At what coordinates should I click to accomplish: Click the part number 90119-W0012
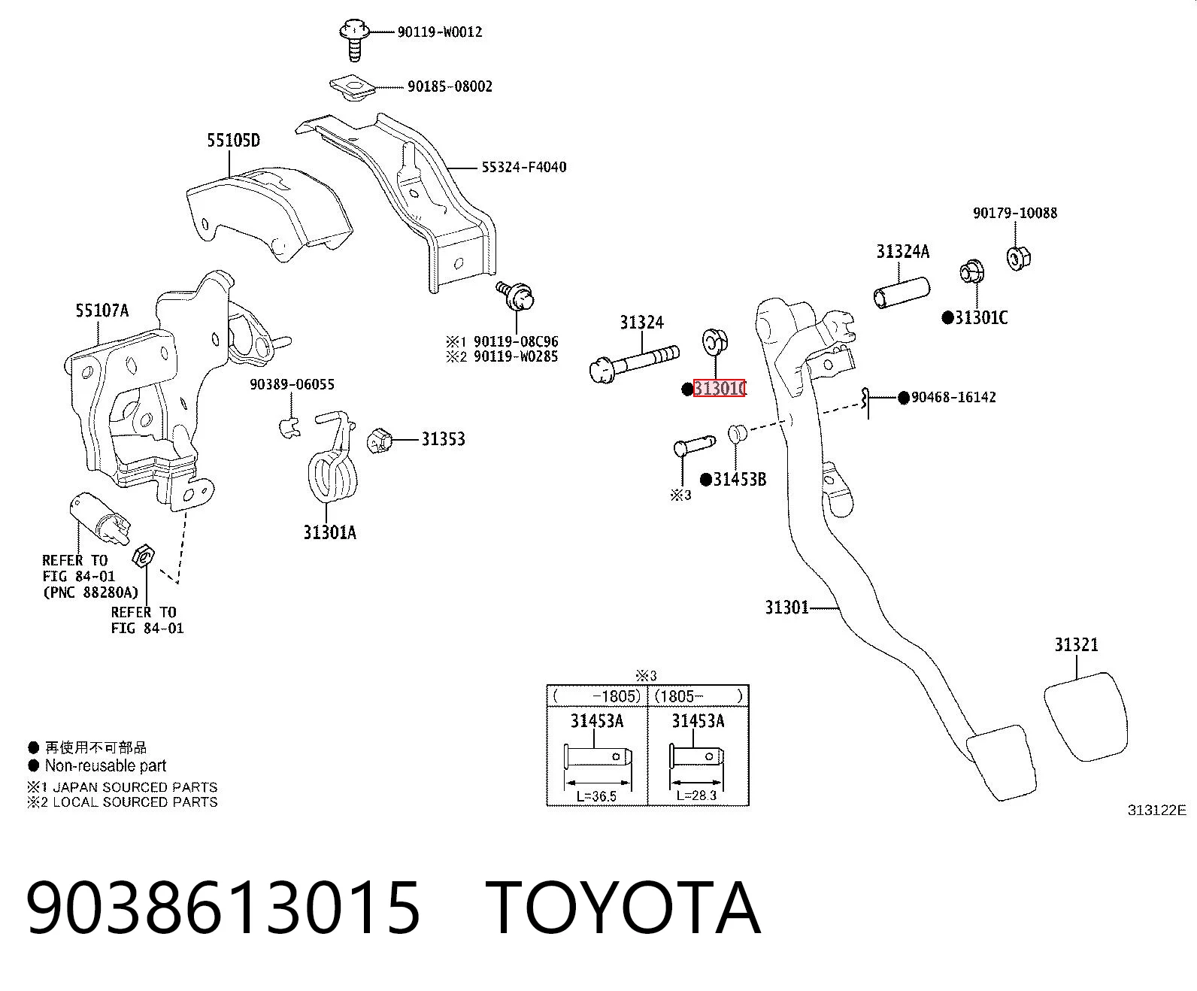pyautogui.click(x=440, y=32)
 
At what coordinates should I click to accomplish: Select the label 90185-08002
pyautogui.click(x=450, y=86)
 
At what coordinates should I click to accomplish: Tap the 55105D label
pyautogui.click(x=233, y=141)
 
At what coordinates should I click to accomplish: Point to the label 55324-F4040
pyautogui.click(x=523, y=168)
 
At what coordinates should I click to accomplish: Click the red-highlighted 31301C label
pyautogui.click(x=719, y=388)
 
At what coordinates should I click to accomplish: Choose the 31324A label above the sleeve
pyautogui.click(x=903, y=251)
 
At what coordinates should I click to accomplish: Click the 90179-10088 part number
pyautogui.click(x=1015, y=213)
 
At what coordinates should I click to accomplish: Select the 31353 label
pyautogui.click(x=443, y=439)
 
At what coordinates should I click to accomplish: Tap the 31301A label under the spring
pyautogui.click(x=329, y=533)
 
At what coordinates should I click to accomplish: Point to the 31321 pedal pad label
pyautogui.click(x=1077, y=644)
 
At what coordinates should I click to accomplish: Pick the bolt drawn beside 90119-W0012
pyautogui.click(x=354, y=39)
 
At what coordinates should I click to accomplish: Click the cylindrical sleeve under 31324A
pyautogui.click(x=902, y=292)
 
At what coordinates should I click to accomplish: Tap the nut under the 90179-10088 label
pyautogui.click(x=1019, y=258)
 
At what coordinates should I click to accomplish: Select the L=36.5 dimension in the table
pyautogui.click(x=597, y=796)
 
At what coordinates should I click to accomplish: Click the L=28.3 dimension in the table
pyautogui.click(x=696, y=796)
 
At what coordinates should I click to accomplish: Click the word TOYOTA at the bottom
pyautogui.click(x=623, y=910)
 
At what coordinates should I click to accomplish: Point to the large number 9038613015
pyautogui.click(x=223, y=910)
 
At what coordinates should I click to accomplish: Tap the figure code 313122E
pyautogui.click(x=1157, y=810)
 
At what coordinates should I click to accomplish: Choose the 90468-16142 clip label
pyautogui.click(x=953, y=398)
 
